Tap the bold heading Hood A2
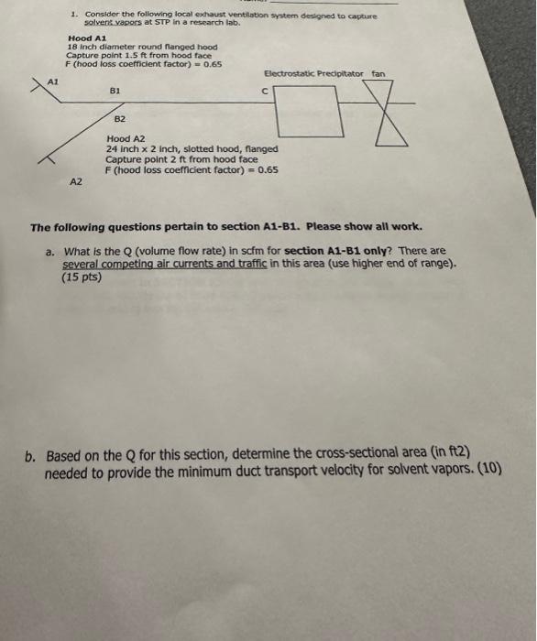coord(125,138)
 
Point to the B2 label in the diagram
coord(120,119)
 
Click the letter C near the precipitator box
coord(264,91)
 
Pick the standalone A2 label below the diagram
coord(76,182)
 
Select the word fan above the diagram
coord(378,72)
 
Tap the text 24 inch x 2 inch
coord(143,148)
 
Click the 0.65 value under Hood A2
coord(268,169)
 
